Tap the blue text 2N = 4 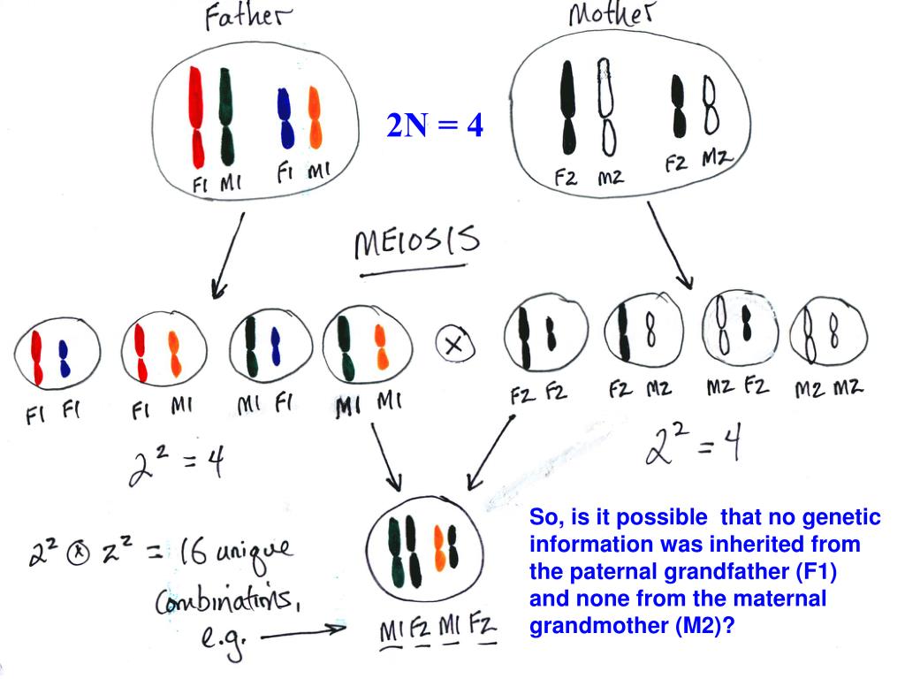click(435, 126)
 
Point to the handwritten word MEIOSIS click(415, 243)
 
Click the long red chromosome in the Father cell click(197, 117)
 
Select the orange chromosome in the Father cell click(315, 118)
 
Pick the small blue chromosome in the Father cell click(285, 118)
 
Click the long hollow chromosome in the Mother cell click(605, 106)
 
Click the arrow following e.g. click(300, 631)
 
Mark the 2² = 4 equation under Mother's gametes click(692, 451)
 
